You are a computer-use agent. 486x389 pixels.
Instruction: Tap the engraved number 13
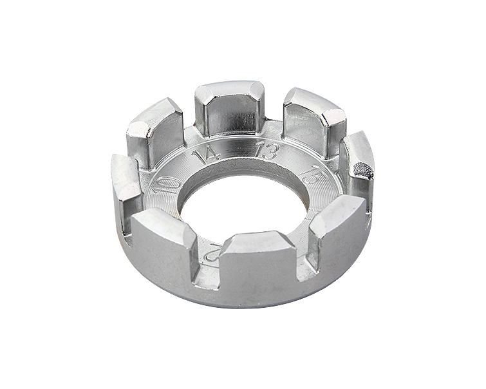[x=265, y=152]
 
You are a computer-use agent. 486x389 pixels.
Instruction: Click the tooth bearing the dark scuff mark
[x=356, y=164]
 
